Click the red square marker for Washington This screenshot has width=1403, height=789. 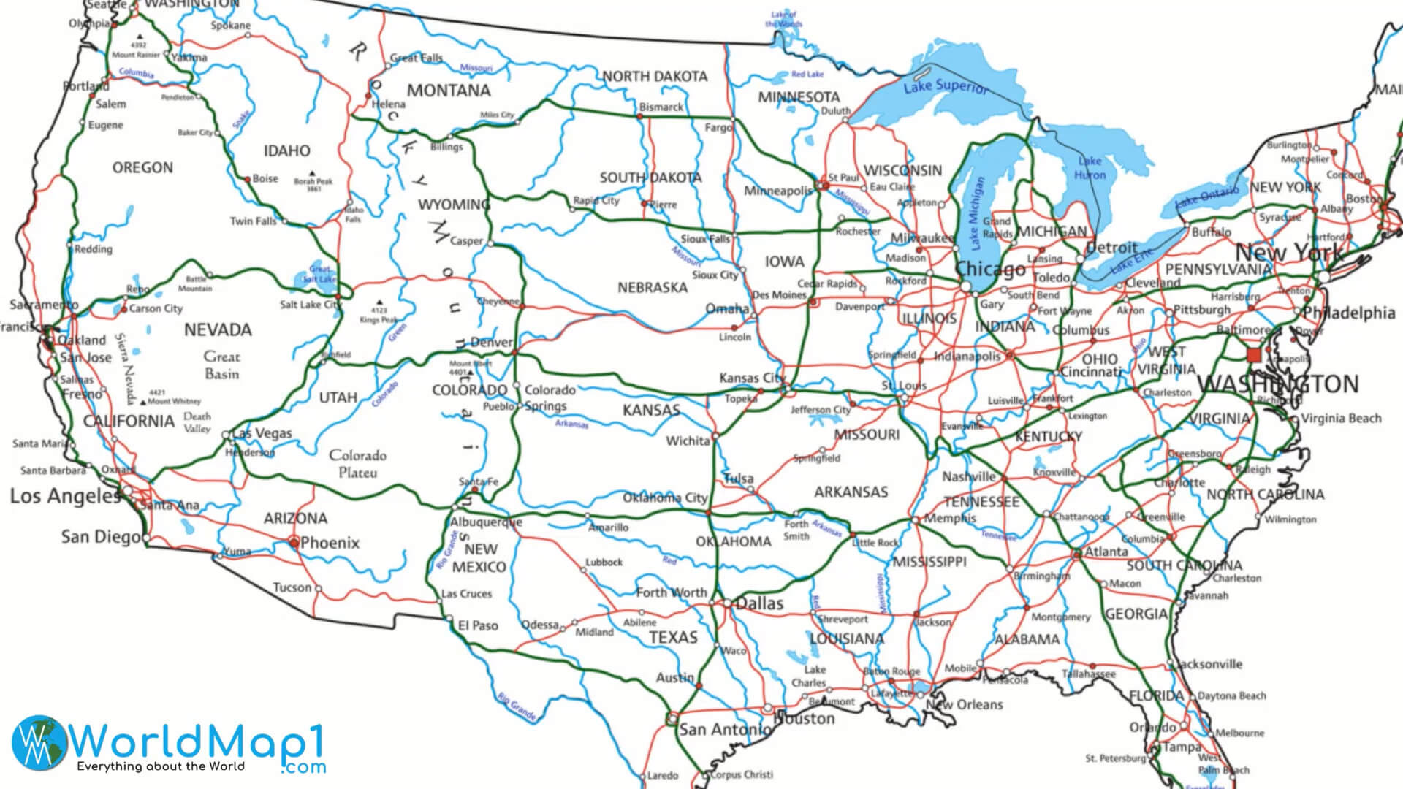pyautogui.click(x=1254, y=355)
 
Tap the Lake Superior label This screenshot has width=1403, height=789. pyautogui.click(x=945, y=86)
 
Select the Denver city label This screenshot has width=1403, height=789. pyautogui.click(x=491, y=342)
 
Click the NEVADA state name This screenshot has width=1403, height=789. pyautogui.click(x=218, y=330)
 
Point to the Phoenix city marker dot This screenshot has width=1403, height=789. pyautogui.click(x=294, y=542)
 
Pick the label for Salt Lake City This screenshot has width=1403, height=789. pyautogui.click(x=310, y=305)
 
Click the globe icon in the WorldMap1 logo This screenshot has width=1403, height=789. pyautogui.click(x=38, y=741)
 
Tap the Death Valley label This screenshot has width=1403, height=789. pyautogui.click(x=197, y=422)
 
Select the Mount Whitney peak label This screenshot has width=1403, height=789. pyautogui.click(x=174, y=401)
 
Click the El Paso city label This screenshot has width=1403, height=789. pyautogui.click(x=478, y=625)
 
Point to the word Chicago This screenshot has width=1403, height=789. pyautogui.click(x=991, y=269)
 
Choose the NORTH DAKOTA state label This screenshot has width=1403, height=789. pyautogui.click(x=655, y=77)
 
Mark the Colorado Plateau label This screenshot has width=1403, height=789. pyautogui.click(x=357, y=463)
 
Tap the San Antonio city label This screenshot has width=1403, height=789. pyautogui.click(x=725, y=729)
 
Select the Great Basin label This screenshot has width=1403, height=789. pyautogui.click(x=221, y=365)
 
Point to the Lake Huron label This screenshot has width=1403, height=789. pyautogui.click(x=1090, y=168)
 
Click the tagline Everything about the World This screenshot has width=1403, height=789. pyautogui.click(x=161, y=766)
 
